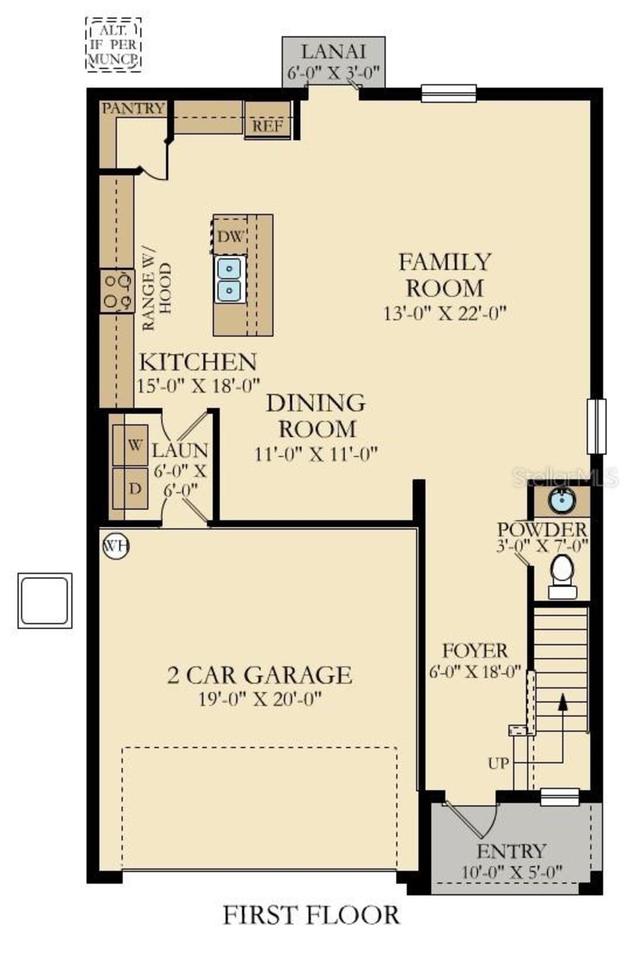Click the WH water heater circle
point(116,546)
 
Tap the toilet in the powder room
point(563,576)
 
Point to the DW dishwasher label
point(230,237)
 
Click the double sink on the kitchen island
point(229,279)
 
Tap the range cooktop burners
point(117,291)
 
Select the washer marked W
point(130,445)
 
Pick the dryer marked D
point(130,488)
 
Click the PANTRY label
point(133,108)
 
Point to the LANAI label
point(333,52)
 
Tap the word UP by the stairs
point(498,763)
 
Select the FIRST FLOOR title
point(311,915)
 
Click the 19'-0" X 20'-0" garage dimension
point(260,699)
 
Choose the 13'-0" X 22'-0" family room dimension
point(445,313)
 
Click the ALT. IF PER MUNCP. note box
point(114,45)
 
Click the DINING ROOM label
point(316,416)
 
